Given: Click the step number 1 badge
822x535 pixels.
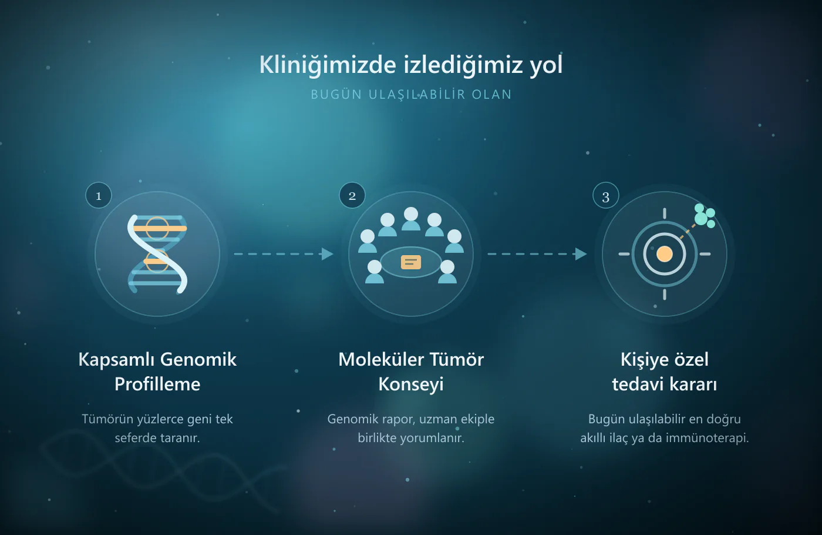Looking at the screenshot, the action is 99,195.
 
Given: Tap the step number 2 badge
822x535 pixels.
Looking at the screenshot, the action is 352,195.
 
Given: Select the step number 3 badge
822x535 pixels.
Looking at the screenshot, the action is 605,195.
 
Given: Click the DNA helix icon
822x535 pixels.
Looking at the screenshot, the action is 157,254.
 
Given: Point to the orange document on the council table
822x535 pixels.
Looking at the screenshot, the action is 411,262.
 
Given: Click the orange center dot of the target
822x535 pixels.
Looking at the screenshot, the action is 664,254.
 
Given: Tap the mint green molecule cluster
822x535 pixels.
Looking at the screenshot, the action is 705,216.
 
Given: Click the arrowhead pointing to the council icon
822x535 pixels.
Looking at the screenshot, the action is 328,254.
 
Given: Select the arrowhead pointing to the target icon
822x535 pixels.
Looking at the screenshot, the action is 581,254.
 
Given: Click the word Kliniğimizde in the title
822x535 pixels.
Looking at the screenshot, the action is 328,65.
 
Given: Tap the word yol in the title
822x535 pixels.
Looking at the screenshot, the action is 546,65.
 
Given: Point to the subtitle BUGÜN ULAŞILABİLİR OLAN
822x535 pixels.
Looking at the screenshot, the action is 411,95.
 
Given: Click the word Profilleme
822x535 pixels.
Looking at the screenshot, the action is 157,384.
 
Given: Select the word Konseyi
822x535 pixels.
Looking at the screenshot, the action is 411,384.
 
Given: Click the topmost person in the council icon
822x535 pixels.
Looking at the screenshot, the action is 411,219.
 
